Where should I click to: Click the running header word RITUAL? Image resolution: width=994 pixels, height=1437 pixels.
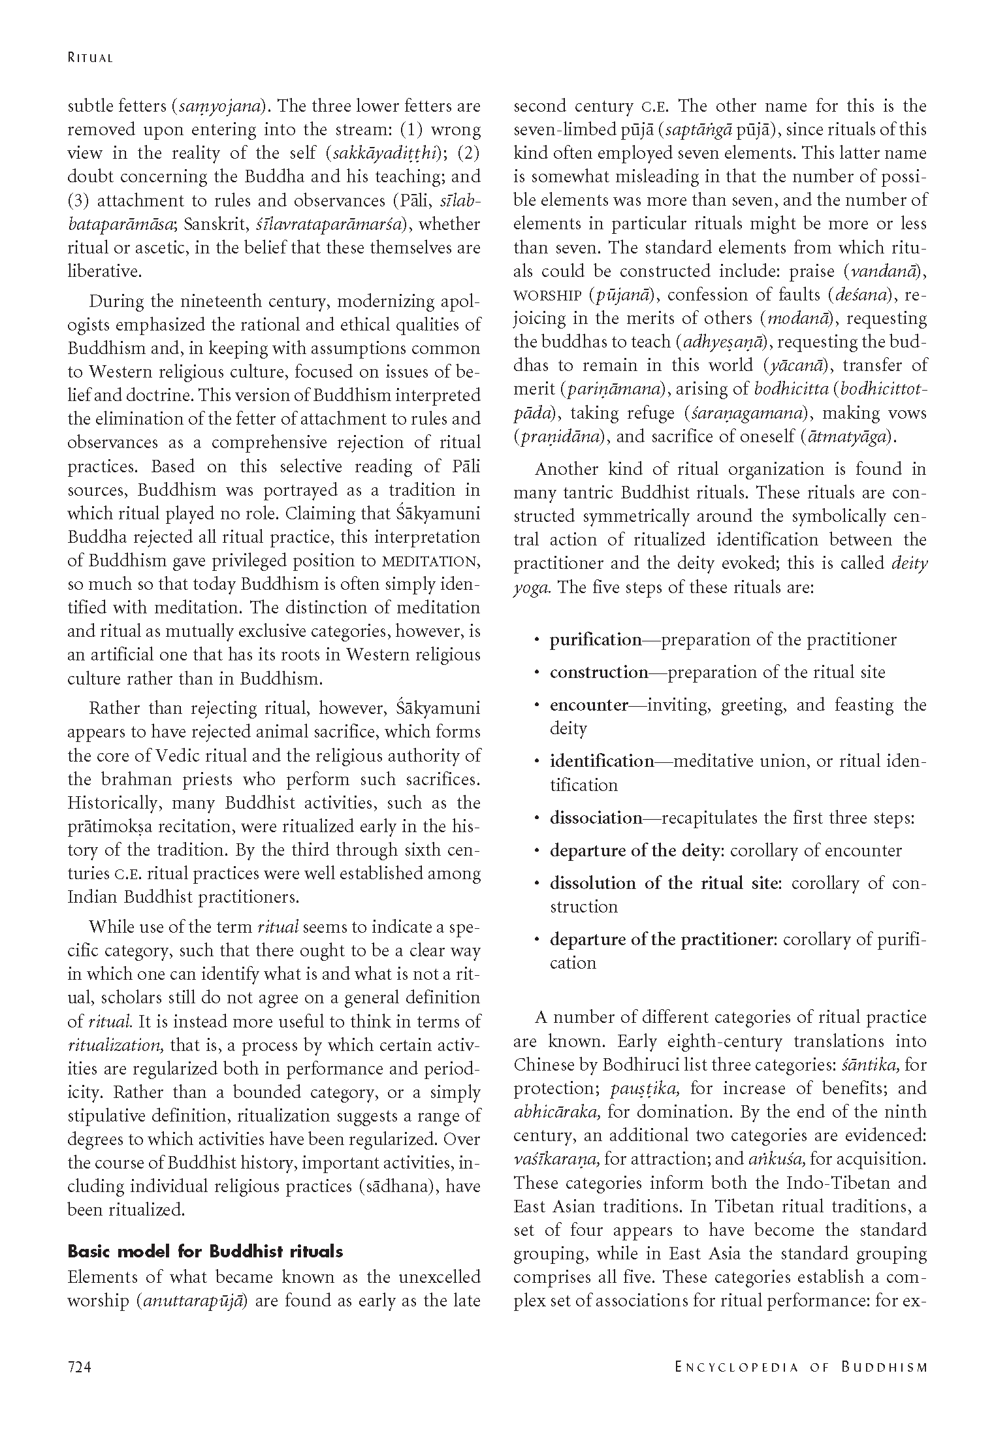[x=90, y=58]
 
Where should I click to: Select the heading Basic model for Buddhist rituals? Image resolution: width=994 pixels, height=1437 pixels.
[x=205, y=1253]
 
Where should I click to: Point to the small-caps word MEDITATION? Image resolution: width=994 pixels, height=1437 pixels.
[x=431, y=561]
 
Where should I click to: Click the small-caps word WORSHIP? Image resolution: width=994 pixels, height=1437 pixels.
[x=547, y=295]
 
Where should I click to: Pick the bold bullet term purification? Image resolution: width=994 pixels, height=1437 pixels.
[x=596, y=640]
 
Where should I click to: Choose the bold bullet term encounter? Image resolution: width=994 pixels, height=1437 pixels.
[x=588, y=705]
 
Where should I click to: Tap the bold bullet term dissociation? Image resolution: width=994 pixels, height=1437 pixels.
[x=596, y=818]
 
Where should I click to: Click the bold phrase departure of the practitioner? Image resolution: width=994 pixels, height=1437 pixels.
[x=663, y=940]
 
